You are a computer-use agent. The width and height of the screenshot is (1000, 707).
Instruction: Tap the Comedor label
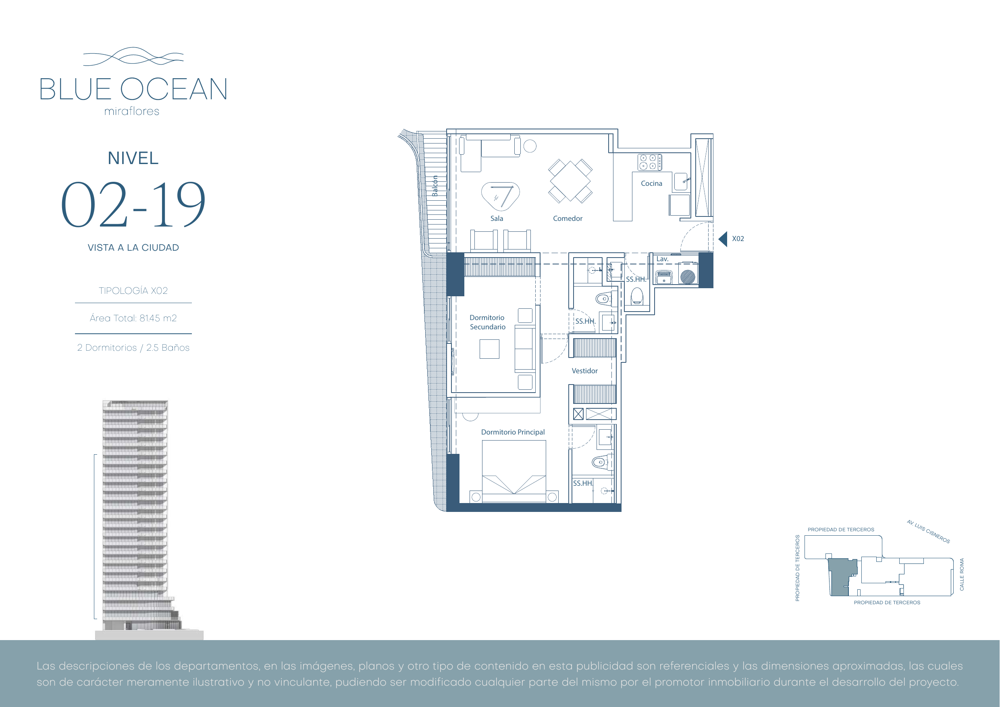[x=568, y=218]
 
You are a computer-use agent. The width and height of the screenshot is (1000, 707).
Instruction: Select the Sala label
[x=497, y=218]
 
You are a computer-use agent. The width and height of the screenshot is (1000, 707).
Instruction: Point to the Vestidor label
[x=584, y=371]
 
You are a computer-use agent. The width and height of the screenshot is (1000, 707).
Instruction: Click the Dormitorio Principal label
[x=513, y=432]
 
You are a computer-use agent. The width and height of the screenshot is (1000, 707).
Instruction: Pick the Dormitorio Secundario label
[x=487, y=322]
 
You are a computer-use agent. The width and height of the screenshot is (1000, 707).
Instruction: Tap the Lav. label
[x=662, y=259]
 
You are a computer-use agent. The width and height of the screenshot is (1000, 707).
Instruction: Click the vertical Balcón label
[x=435, y=186]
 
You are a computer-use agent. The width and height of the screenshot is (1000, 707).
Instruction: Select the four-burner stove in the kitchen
[x=650, y=162]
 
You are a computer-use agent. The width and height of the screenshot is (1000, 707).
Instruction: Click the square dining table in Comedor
[x=570, y=181]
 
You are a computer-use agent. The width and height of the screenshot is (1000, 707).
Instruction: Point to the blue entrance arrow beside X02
[x=723, y=239]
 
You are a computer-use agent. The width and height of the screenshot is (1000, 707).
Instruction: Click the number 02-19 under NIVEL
[x=133, y=204]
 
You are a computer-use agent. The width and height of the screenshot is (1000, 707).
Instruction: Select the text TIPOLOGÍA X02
[x=133, y=291]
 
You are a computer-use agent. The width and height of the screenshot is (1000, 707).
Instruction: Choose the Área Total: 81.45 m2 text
[x=133, y=318]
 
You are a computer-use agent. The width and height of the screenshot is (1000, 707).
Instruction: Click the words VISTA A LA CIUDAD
[x=133, y=247]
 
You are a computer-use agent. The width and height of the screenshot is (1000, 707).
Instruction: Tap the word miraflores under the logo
[x=131, y=112]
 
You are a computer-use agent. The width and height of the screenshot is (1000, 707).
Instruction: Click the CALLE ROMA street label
[x=962, y=574]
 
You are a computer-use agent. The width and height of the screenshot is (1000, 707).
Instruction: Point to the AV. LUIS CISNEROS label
[x=928, y=531]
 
